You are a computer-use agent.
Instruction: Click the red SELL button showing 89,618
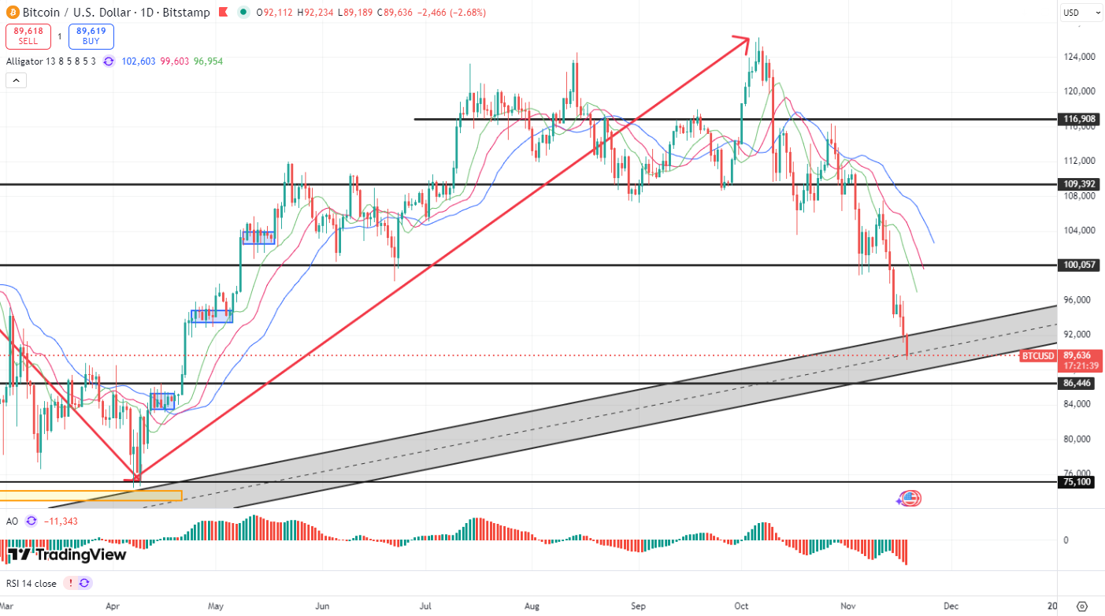click(x=28, y=36)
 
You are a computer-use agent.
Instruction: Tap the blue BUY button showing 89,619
click(x=91, y=36)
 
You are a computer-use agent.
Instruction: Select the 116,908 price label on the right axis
click(x=1079, y=120)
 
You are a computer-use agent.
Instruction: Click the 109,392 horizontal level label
click(x=1079, y=184)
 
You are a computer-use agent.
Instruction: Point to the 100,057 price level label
click(x=1079, y=265)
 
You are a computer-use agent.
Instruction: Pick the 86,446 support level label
click(x=1079, y=384)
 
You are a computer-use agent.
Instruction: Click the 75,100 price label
click(x=1078, y=482)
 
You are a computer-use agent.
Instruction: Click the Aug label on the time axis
click(x=532, y=606)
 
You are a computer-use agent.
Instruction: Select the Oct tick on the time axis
click(x=742, y=606)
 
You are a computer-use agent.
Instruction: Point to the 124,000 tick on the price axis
click(x=1080, y=57)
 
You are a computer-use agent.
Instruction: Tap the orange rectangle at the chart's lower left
click(x=91, y=495)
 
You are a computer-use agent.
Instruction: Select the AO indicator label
click(x=12, y=521)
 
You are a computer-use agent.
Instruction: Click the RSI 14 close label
click(x=32, y=584)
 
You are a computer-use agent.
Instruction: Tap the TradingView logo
click(x=67, y=555)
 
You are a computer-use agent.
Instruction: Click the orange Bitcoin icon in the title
click(x=12, y=13)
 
